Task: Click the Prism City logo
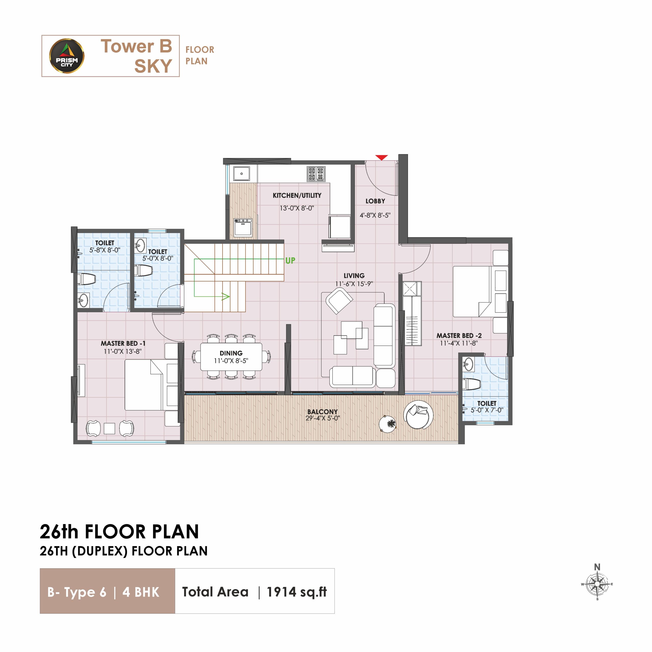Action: point(67,56)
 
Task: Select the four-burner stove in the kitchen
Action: point(316,174)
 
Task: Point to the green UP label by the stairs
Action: point(290,261)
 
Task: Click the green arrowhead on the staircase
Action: point(225,297)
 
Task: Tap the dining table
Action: point(231,357)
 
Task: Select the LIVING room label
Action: point(354,276)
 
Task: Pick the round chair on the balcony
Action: point(418,415)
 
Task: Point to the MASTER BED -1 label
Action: point(123,343)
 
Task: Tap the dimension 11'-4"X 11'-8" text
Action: point(459,343)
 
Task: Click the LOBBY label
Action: point(375,201)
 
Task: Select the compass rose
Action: point(597,584)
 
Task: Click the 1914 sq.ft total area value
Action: point(297,592)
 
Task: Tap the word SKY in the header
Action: point(153,66)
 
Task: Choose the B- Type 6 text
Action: point(77,592)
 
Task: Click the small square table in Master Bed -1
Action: point(109,428)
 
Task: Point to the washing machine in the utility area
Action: point(243,228)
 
